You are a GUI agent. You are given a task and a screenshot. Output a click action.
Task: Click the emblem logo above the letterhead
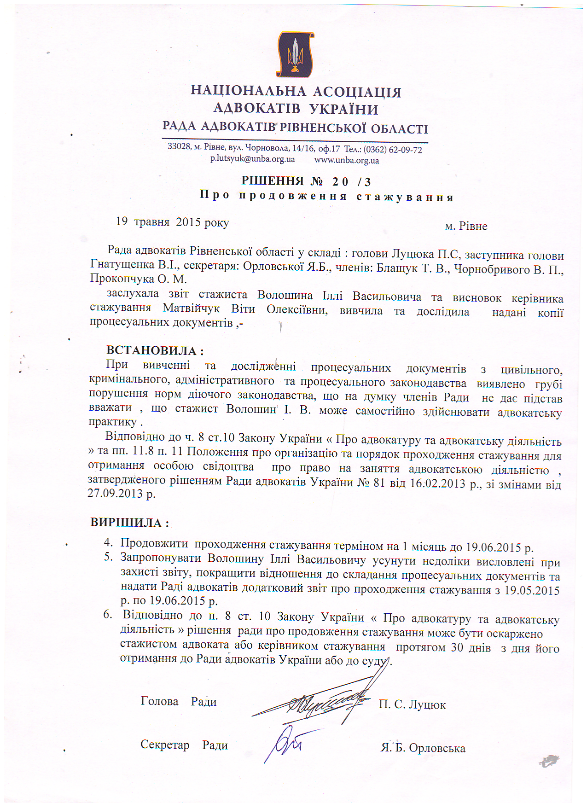pos(295,54)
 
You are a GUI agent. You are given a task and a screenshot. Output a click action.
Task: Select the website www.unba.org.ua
pos(347,161)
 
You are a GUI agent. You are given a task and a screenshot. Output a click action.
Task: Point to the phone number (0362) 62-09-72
pos(393,150)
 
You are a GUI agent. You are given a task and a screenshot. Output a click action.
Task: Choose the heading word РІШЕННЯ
pos(273,180)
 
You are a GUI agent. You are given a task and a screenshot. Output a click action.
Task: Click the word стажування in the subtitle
pos(405,198)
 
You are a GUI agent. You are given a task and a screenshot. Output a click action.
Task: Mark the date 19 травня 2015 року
pos(172,222)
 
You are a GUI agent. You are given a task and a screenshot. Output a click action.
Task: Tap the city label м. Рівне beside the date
pos(466,227)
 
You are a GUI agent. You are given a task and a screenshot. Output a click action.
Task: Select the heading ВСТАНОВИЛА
pos(152,351)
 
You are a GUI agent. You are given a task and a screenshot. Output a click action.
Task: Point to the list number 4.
pos(108,542)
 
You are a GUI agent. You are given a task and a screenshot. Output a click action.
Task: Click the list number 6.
pos(108,615)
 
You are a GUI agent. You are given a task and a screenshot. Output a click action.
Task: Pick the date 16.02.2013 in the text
pos(438,484)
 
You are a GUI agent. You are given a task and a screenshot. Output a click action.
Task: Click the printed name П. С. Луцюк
pos(412,705)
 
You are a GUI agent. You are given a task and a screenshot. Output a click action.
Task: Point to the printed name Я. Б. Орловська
pos(423,748)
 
